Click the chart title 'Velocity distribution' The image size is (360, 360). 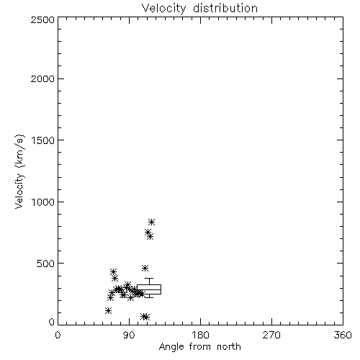199,8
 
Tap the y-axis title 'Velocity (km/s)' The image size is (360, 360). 19,171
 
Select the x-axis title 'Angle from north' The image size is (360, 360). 199,347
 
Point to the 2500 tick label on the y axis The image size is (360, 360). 42,19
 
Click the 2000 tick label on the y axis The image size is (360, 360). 42,78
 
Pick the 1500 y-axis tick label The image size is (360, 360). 43,140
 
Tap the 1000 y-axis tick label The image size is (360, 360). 43,202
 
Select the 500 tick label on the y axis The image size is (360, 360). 46,264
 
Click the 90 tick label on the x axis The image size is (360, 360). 129,335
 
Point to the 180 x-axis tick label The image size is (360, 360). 200,335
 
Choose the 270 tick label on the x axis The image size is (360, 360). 271,335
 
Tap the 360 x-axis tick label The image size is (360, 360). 343,335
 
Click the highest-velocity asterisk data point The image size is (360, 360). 151,222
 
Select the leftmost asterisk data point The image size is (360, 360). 108,310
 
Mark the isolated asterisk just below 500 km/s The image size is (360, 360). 145,268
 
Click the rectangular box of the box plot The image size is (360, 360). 149,285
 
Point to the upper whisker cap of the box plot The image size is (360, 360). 149,279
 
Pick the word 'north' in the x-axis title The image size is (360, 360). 229,347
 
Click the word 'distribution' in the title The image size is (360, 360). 225,8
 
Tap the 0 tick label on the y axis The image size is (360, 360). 52,322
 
